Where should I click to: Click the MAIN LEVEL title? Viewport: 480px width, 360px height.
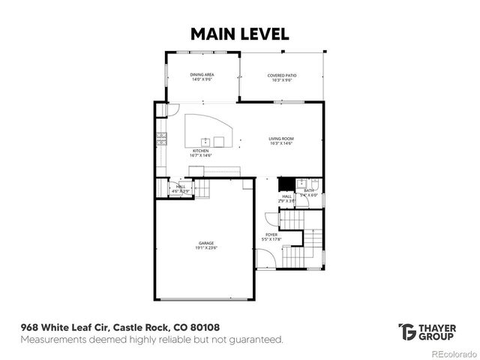click(239, 34)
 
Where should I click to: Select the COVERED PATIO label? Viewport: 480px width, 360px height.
click(281, 75)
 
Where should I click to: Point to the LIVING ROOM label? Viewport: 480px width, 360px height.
click(281, 139)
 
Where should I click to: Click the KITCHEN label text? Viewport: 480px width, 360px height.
click(200, 151)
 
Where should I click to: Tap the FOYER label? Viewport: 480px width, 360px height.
click(270, 234)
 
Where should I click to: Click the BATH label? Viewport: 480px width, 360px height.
click(308, 190)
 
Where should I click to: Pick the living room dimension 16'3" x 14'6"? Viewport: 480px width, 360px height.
click(281, 143)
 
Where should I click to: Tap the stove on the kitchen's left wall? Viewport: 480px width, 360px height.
click(160, 138)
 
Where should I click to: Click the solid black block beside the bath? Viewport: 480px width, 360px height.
click(285, 184)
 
